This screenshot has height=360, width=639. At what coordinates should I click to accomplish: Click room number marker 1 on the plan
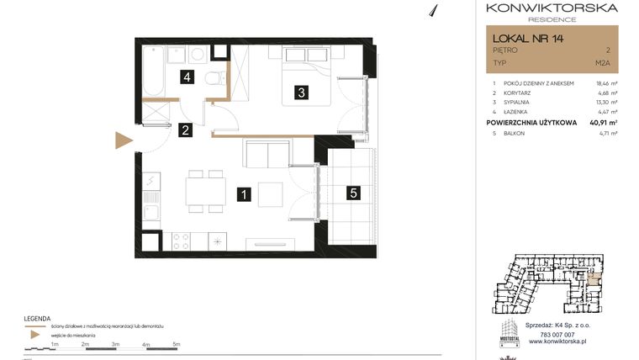pyautogui.click(x=243, y=194)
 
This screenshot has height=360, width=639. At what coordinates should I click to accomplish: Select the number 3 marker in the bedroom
pyautogui.click(x=300, y=93)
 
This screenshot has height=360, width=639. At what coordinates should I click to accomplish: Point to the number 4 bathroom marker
pyautogui.click(x=190, y=77)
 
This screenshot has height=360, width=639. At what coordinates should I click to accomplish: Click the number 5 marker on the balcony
pyautogui.click(x=354, y=193)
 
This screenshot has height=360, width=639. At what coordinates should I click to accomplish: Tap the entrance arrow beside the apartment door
pyautogui.click(x=124, y=140)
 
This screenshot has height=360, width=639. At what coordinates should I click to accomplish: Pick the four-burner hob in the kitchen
pyautogui.click(x=182, y=241)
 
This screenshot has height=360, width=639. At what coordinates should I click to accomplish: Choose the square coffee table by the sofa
pyautogui.click(x=271, y=194)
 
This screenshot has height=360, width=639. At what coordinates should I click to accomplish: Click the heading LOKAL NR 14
pyautogui.click(x=529, y=38)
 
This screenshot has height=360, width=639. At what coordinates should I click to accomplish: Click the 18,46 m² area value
pyautogui.click(x=605, y=84)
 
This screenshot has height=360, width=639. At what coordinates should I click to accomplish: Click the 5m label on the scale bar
pyautogui.click(x=176, y=345)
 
